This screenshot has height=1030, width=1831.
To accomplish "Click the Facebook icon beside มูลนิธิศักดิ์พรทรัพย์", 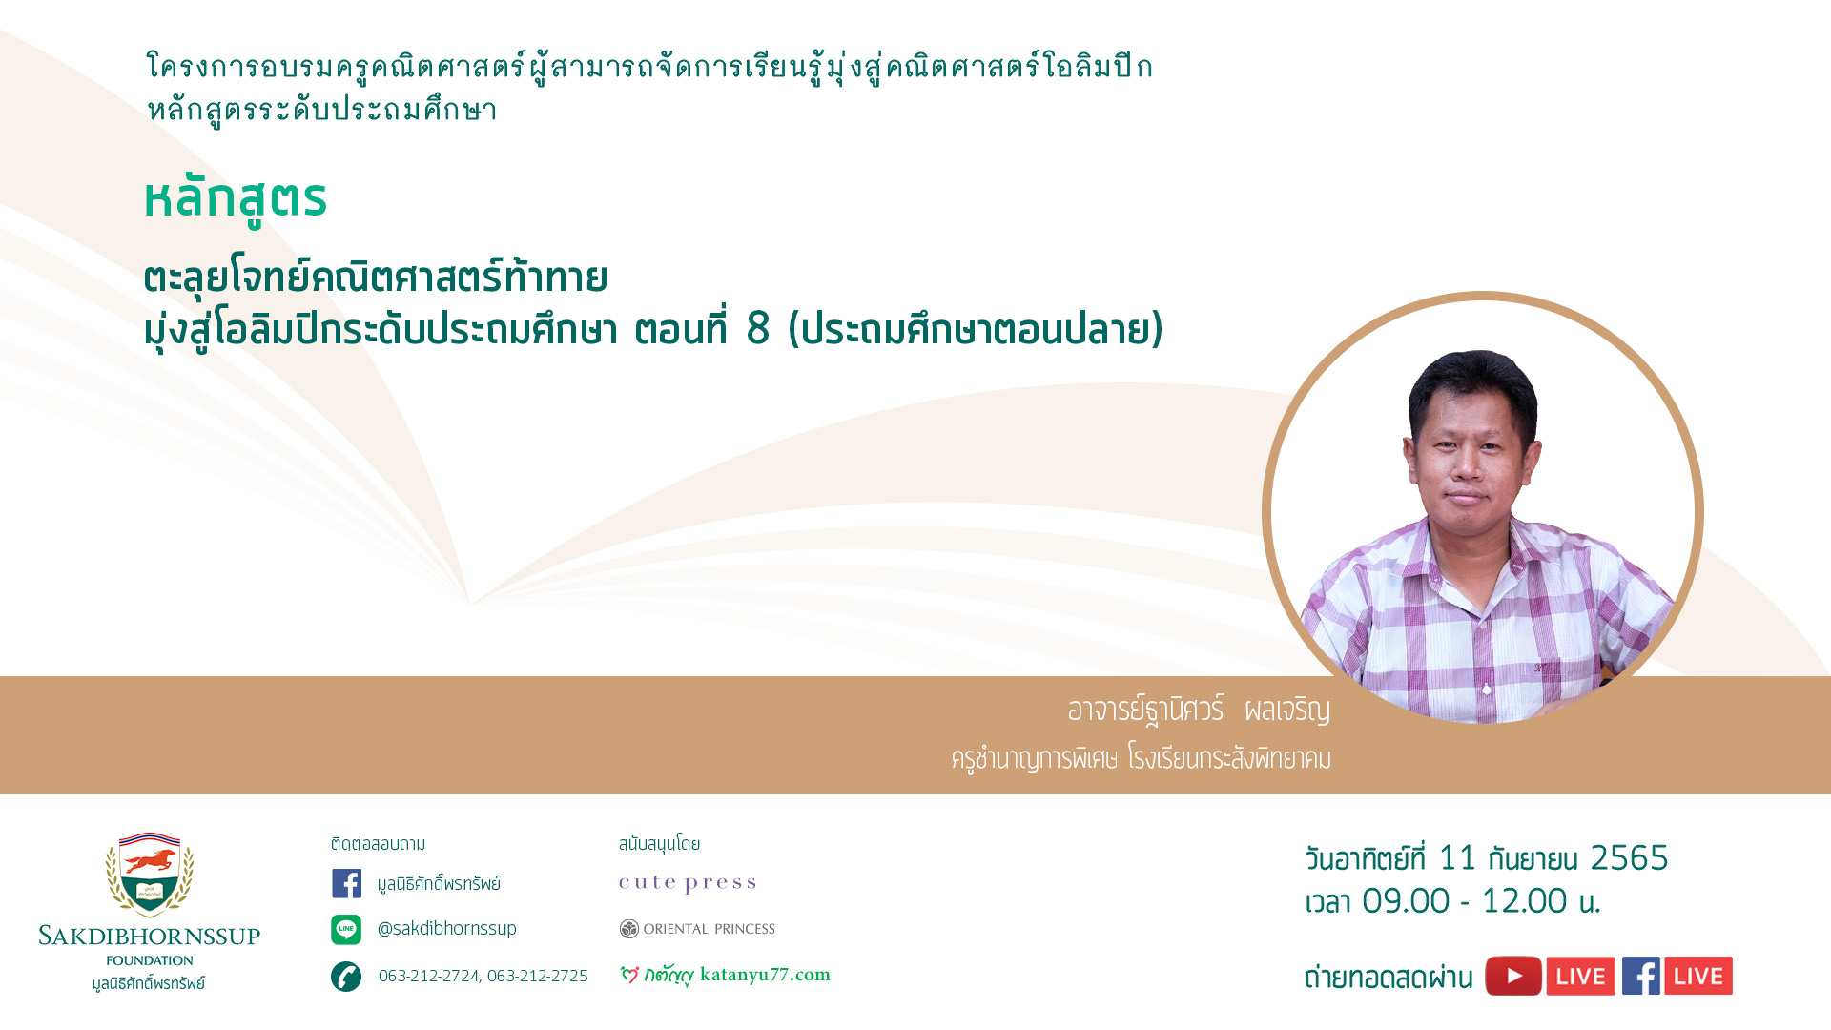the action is coord(346,883).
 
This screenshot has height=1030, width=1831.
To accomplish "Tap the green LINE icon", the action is coord(346,929).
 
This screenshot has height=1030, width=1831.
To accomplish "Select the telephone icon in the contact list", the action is coord(346,976).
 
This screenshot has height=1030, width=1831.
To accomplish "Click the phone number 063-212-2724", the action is coord(429,976).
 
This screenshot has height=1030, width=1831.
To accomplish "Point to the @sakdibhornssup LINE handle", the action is coord(447,928).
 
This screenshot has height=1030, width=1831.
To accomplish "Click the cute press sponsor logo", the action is coord(688,883).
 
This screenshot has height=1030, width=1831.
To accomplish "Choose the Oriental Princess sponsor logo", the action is coord(697,929).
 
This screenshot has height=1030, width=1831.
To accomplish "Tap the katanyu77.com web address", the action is coord(765,975).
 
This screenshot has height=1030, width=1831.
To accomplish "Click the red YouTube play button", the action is coord(1513,976).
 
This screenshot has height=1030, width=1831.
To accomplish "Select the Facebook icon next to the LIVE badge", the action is coord(1641,976).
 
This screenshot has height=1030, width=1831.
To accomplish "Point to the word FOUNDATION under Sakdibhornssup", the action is coord(150,960).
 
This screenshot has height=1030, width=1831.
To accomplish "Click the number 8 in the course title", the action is coord(758,329).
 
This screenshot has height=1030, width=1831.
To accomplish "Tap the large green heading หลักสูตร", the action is coord(236,199).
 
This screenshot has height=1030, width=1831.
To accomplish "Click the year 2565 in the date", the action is coord(1629,858).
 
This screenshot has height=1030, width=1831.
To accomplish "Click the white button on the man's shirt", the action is coord(1487,689).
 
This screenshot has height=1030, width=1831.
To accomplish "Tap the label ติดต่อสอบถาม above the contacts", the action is coord(379,844).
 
